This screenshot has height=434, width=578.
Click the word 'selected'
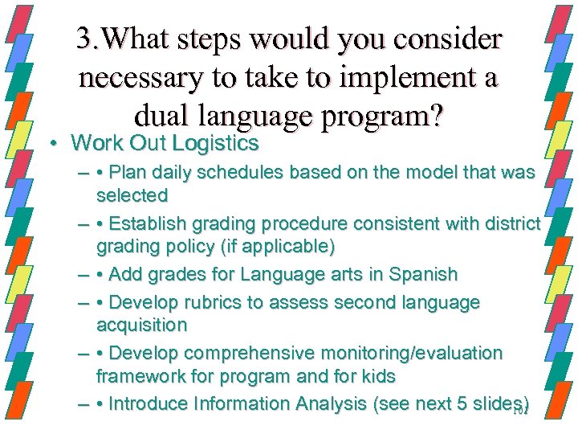[x=132, y=194]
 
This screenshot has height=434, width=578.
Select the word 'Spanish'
[x=421, y=274]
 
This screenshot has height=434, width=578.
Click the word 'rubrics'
[x=207, y=303]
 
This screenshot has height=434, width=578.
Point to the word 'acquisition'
[x=141, y=325]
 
